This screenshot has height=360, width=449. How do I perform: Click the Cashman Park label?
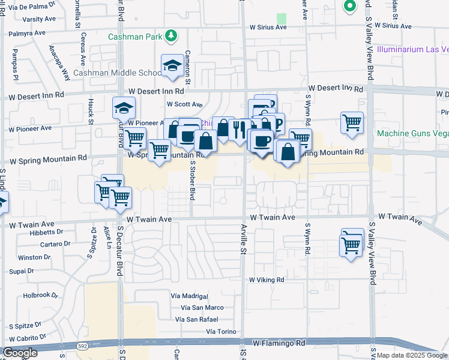point(135,37)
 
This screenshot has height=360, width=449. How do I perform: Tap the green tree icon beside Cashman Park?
point(172,36)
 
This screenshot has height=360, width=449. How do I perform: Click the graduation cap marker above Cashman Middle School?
point(172,65)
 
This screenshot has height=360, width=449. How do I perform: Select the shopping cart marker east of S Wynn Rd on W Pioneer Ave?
point(352,122)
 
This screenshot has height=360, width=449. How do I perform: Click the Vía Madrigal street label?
point(189,296)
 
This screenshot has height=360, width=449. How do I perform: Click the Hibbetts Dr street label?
point(46,232)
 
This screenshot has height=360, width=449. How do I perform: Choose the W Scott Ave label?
point(185,104)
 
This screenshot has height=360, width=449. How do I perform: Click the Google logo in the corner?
point(20,353)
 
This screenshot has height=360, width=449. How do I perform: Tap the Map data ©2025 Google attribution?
point(412,355)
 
